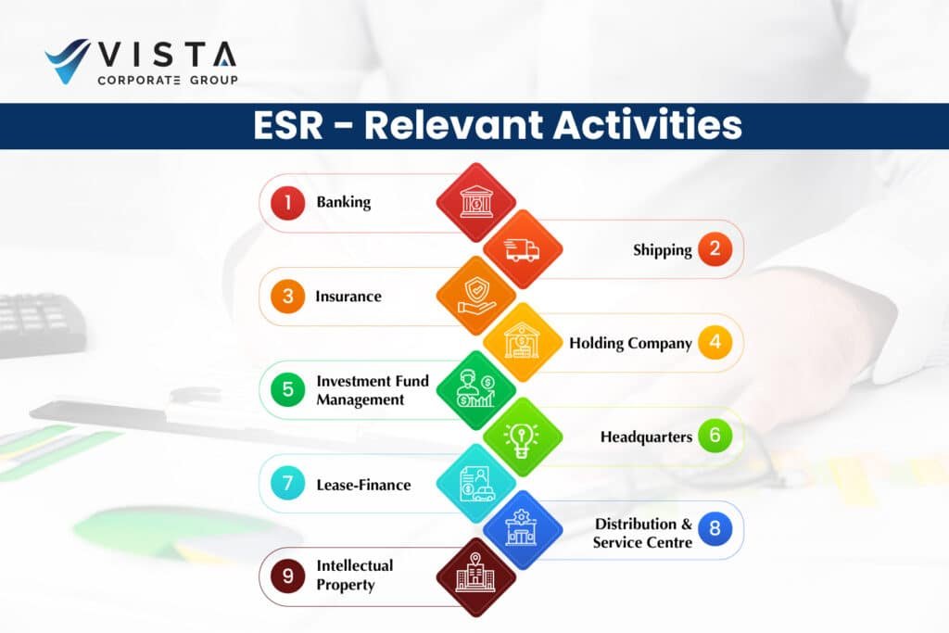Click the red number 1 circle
287,202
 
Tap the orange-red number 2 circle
715,248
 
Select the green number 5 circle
287,389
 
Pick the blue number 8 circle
715,528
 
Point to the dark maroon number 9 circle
287,576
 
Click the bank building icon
476,201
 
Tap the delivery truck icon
522,249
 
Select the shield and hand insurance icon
476,296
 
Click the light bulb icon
522,437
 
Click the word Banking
344,202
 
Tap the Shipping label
662,250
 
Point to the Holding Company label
630,343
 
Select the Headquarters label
646,437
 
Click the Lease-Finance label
363,485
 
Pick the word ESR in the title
288,125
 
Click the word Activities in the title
648,125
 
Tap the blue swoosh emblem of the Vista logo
68,61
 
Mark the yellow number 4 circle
715,343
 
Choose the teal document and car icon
476,484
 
